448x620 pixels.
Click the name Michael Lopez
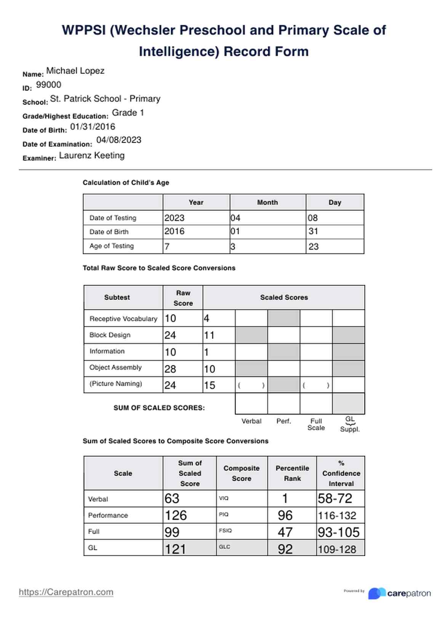pyautogui.click(x=75, y=71)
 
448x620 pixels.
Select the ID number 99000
pyautogui.click(x=48, y=85)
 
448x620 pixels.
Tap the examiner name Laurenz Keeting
pyautogui.click(x=92, y=156)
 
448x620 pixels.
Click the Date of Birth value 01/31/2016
pyautogui.click(x=93, y=127)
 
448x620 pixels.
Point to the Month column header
pyautogui.click(x=267, y=202)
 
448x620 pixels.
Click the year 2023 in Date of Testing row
pyautogui.click(x=174, y=218)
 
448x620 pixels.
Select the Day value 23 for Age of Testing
pyautogui.click(x=314, y=246)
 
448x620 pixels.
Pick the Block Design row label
pyautogui.click(x=110, y=335)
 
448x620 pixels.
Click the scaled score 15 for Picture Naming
pyautogui.click(x=209, y=385)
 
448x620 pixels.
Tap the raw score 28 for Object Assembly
pyautogui.click(x=170, y=369)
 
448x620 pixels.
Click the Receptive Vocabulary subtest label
pyautogui.click(x=123, y=319)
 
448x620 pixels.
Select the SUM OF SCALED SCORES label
pyautogui.click(x=159, y=408)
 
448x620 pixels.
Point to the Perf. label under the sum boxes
pyautogui.click(x=283, y=421)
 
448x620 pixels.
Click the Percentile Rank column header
pyautogui.click(x=292, y=473)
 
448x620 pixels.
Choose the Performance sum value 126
pyautogui.click(x=176, y=515)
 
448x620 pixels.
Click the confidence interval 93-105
pyautogui.click(x=338, y=532)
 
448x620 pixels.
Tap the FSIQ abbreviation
pyautogui.click(x=225, y=531)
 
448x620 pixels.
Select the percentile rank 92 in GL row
pyautogui.click(x=285, y=549)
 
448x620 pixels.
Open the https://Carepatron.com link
pyautogui.click(x=66, y=592)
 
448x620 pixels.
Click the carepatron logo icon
pyautogui.click(x=377, y=593)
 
